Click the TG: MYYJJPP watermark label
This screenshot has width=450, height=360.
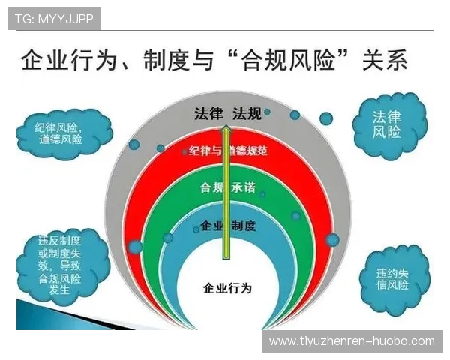tap(53, 19)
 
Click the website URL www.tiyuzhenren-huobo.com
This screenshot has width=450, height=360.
tap(352, 341)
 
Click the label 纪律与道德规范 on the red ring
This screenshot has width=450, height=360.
tap(224, 151)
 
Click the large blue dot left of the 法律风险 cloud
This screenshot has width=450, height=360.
tap(326, 118)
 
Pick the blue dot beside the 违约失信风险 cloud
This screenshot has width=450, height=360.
tap(332, 240)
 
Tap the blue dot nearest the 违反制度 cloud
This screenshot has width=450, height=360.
tap(135, 246)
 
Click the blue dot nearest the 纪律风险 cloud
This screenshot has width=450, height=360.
tap(133, 144)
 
